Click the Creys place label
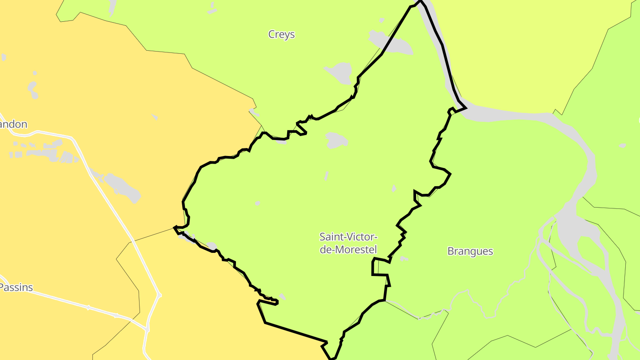[x=281, y=34]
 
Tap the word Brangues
[x=470, y=251]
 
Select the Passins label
[x=17, y=287]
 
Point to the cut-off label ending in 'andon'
[x=13, y=124]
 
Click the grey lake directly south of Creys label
[x=340, y=72]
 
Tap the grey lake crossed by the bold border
[x=392, y=42]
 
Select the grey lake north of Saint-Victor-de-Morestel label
[x=336, y=140]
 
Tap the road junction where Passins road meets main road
[x=147, y=329]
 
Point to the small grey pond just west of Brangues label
[x=404, y=258]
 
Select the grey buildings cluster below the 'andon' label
[x=44, y=151]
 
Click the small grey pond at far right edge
[x=622, y=145]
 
